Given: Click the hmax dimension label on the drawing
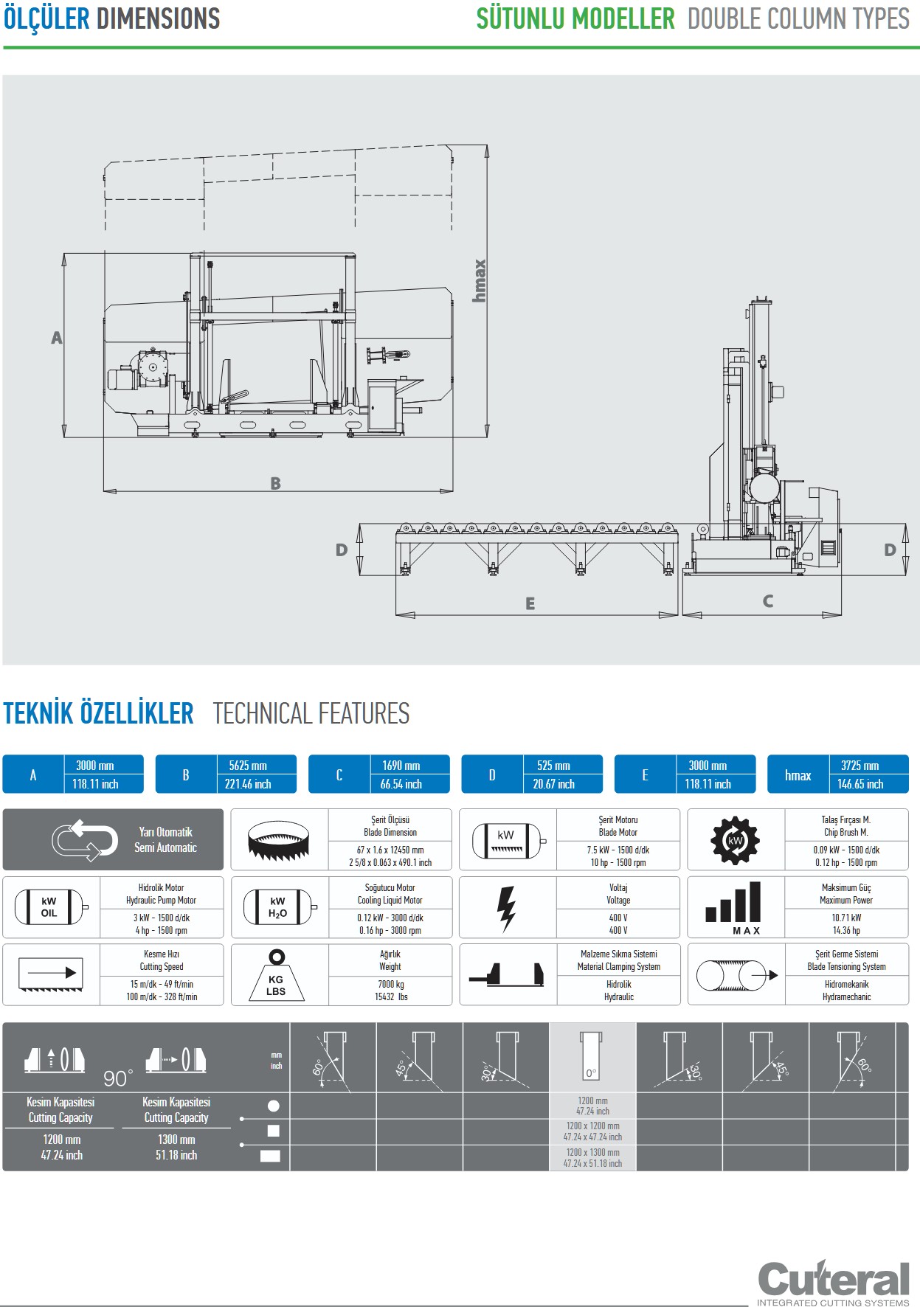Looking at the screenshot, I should tap(480, 280).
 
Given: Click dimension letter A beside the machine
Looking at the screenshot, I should tap(57, 338).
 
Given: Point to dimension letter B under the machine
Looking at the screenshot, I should tap(275, 484).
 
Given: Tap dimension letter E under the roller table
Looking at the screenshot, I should tap(530, 604).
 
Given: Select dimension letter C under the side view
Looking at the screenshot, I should tap(768, 601).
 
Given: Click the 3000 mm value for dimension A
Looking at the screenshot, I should tap(95, 766).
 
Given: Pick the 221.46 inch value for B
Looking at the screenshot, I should tap(248, 784).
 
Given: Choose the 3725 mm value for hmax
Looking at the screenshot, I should tap(860, 766).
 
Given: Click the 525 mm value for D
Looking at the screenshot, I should tap(553, 766).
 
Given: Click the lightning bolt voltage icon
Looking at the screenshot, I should tap(506, 907).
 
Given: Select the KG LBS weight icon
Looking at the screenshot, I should tap(276, 976).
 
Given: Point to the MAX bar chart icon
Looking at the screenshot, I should tap(733, 907).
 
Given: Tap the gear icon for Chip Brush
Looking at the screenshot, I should tap(735, 840).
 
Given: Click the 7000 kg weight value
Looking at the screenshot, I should tap(390, 984).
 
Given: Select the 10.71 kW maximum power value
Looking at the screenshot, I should tap(846, 918).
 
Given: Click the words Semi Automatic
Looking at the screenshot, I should tap(165, 847).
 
